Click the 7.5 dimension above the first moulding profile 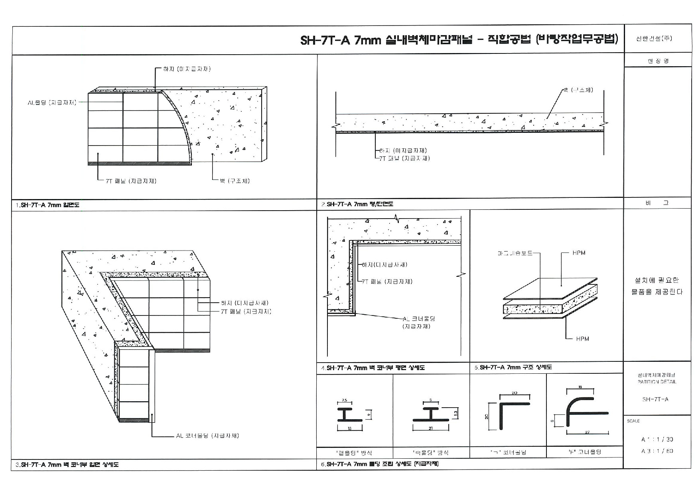pos(345,400)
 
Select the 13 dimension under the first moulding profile pos(350,428)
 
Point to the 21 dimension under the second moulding pos(431,428)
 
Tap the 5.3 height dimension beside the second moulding pos(456,414)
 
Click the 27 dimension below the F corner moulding pos(588,432)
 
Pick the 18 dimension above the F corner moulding pos(580,387)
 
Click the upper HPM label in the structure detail pos(579,253)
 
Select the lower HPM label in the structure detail pos(582,339)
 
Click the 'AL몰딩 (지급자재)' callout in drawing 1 pos(52,103)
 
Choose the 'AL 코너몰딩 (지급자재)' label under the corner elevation pos(207,436)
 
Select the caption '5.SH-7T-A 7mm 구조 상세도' pos(513,367)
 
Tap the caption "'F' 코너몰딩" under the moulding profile pos(585,452)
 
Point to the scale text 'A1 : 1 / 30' pos(657,440)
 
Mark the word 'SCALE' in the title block pos(633,421)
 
